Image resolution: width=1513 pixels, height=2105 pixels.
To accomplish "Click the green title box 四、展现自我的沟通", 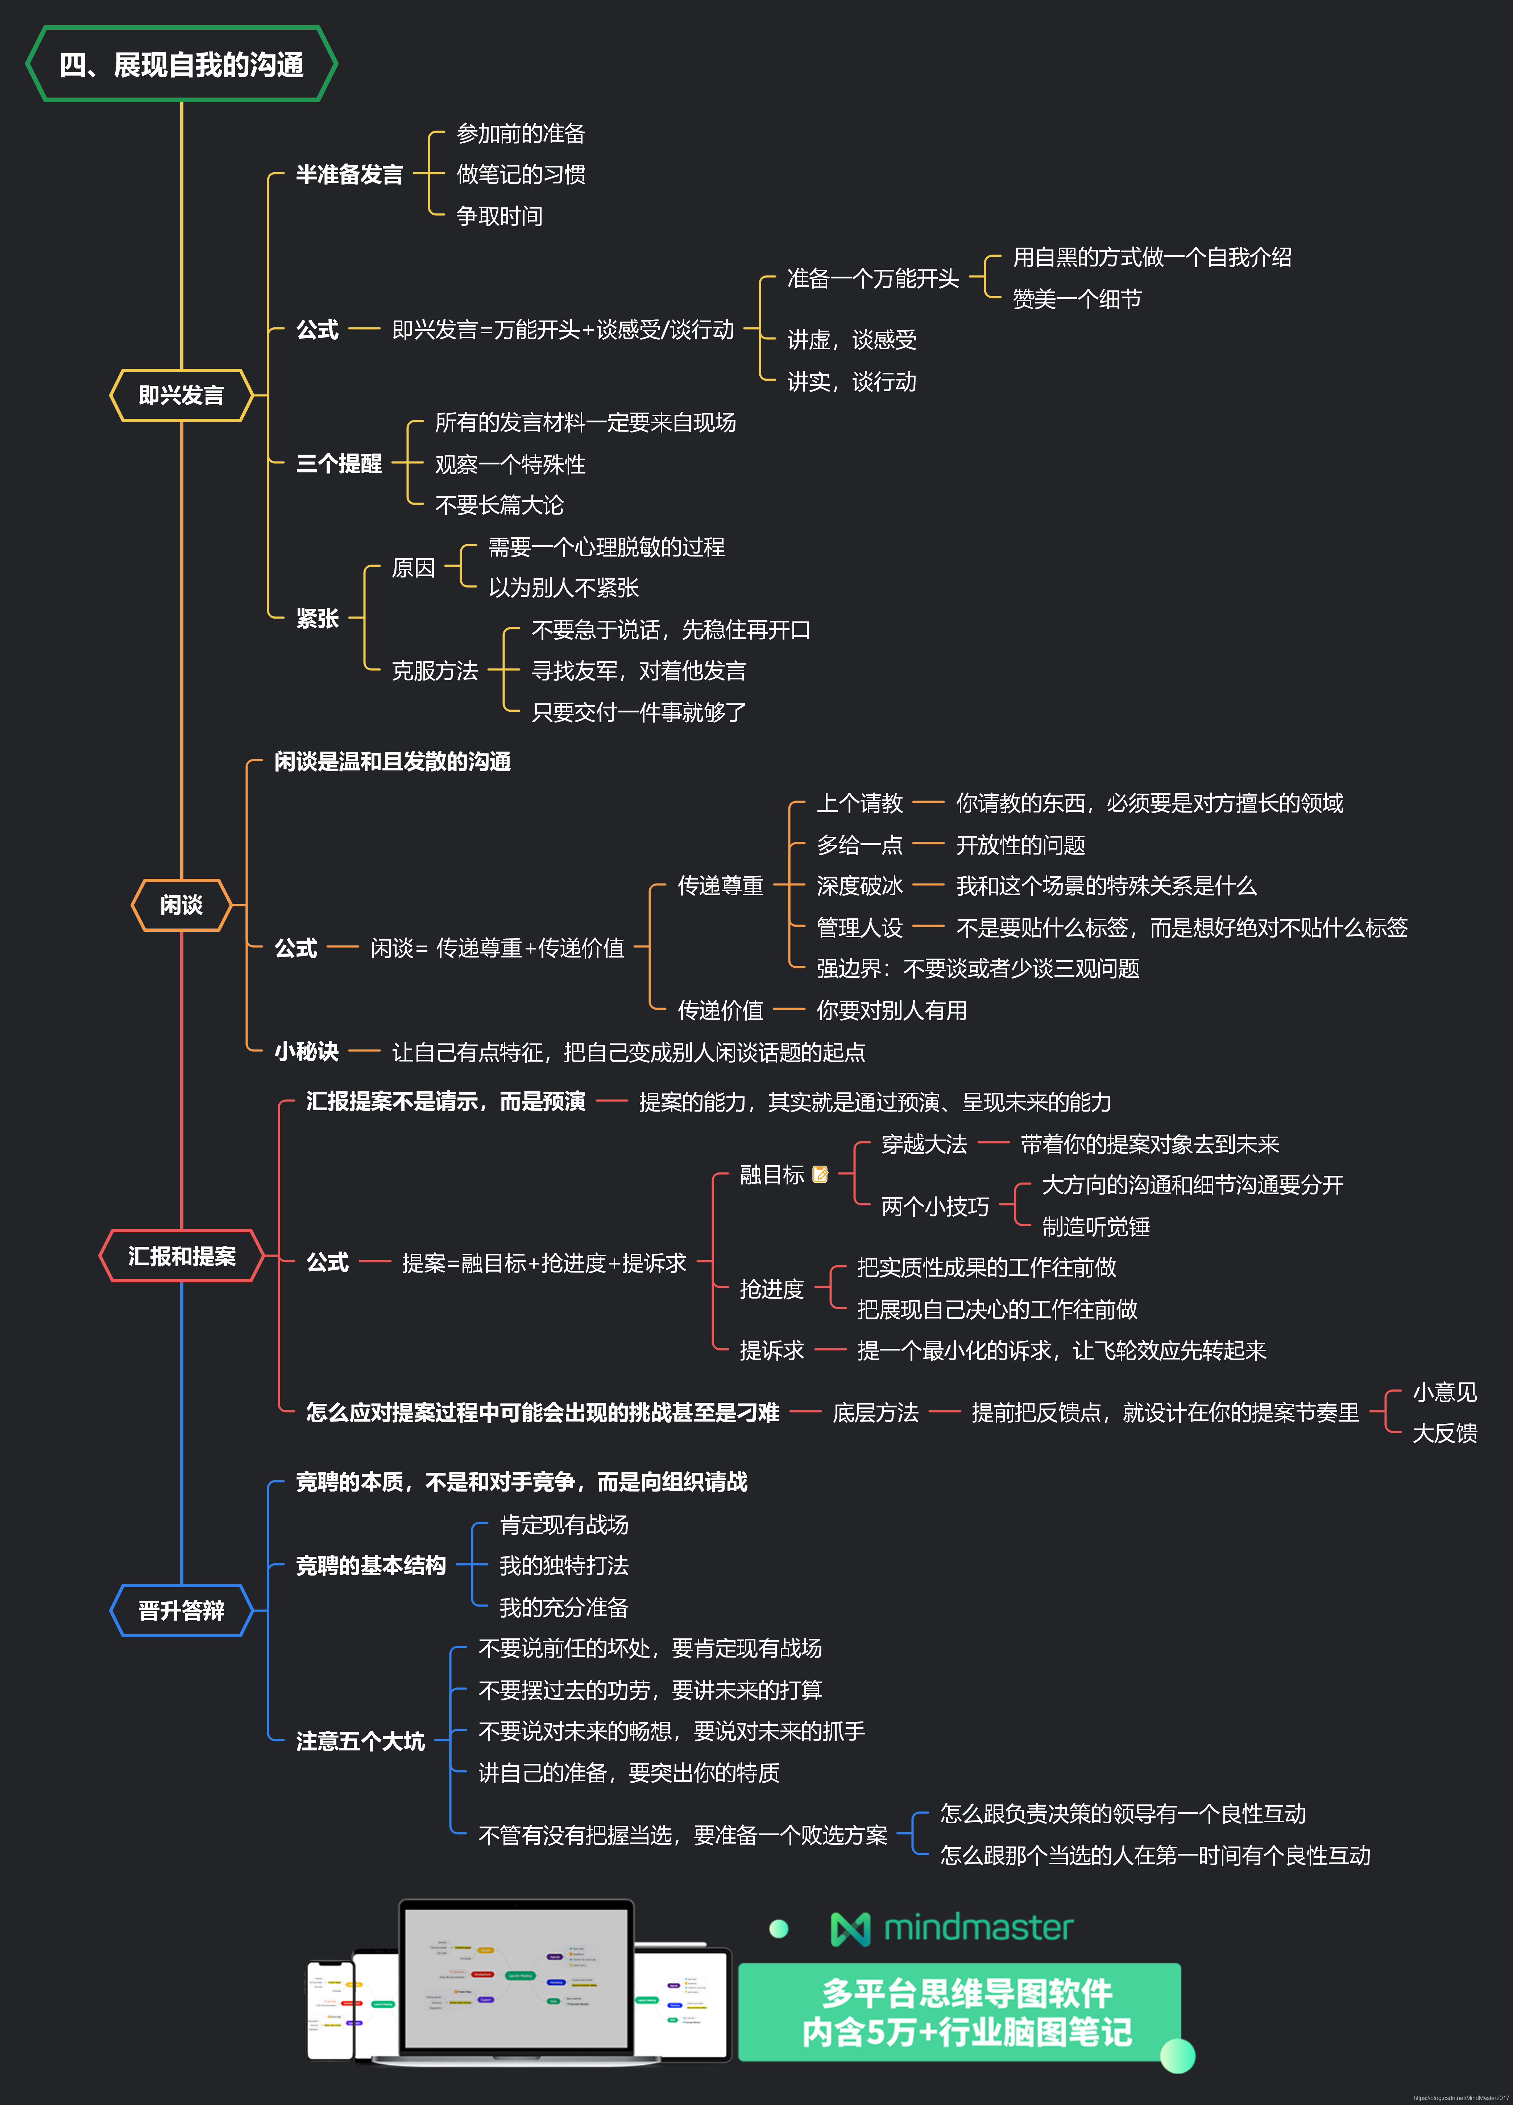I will point(181,64).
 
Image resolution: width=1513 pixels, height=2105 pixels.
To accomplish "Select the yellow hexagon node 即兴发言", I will point(181,396).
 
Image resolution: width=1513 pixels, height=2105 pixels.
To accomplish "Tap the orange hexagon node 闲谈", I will point(181,905).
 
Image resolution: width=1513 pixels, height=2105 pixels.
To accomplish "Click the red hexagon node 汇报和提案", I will point(181,1256).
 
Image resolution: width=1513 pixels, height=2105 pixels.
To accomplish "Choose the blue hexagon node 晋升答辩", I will point(181,1610).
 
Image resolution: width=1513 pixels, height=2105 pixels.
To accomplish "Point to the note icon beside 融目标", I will point(820,1175).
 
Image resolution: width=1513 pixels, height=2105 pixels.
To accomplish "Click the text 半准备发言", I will point(349,174).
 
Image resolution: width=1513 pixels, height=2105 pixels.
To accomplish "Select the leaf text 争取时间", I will point(500,216).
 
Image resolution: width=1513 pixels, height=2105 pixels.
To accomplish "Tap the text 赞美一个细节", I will point(1077,299).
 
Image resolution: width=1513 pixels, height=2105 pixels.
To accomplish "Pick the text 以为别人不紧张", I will point(563,587).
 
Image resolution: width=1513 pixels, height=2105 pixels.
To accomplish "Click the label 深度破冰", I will point(859,886).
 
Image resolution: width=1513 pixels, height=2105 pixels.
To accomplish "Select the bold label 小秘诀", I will point(306,1051).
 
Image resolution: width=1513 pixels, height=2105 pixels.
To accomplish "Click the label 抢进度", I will point(771,1289).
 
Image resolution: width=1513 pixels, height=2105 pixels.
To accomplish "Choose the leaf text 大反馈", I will point(1444,1434).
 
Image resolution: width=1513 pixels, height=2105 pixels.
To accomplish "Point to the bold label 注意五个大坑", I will point(360,1741).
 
